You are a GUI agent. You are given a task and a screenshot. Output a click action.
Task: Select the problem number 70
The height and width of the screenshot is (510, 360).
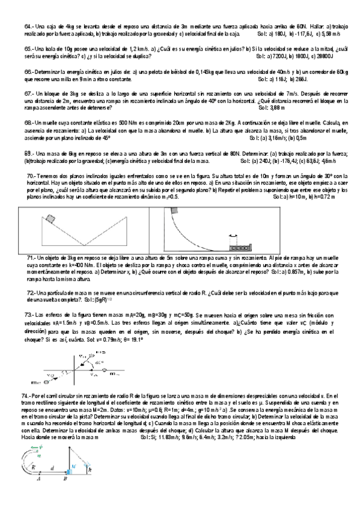click(31, 175)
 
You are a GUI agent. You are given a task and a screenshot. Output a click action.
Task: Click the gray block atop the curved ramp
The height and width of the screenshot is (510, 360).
click(172, 212)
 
